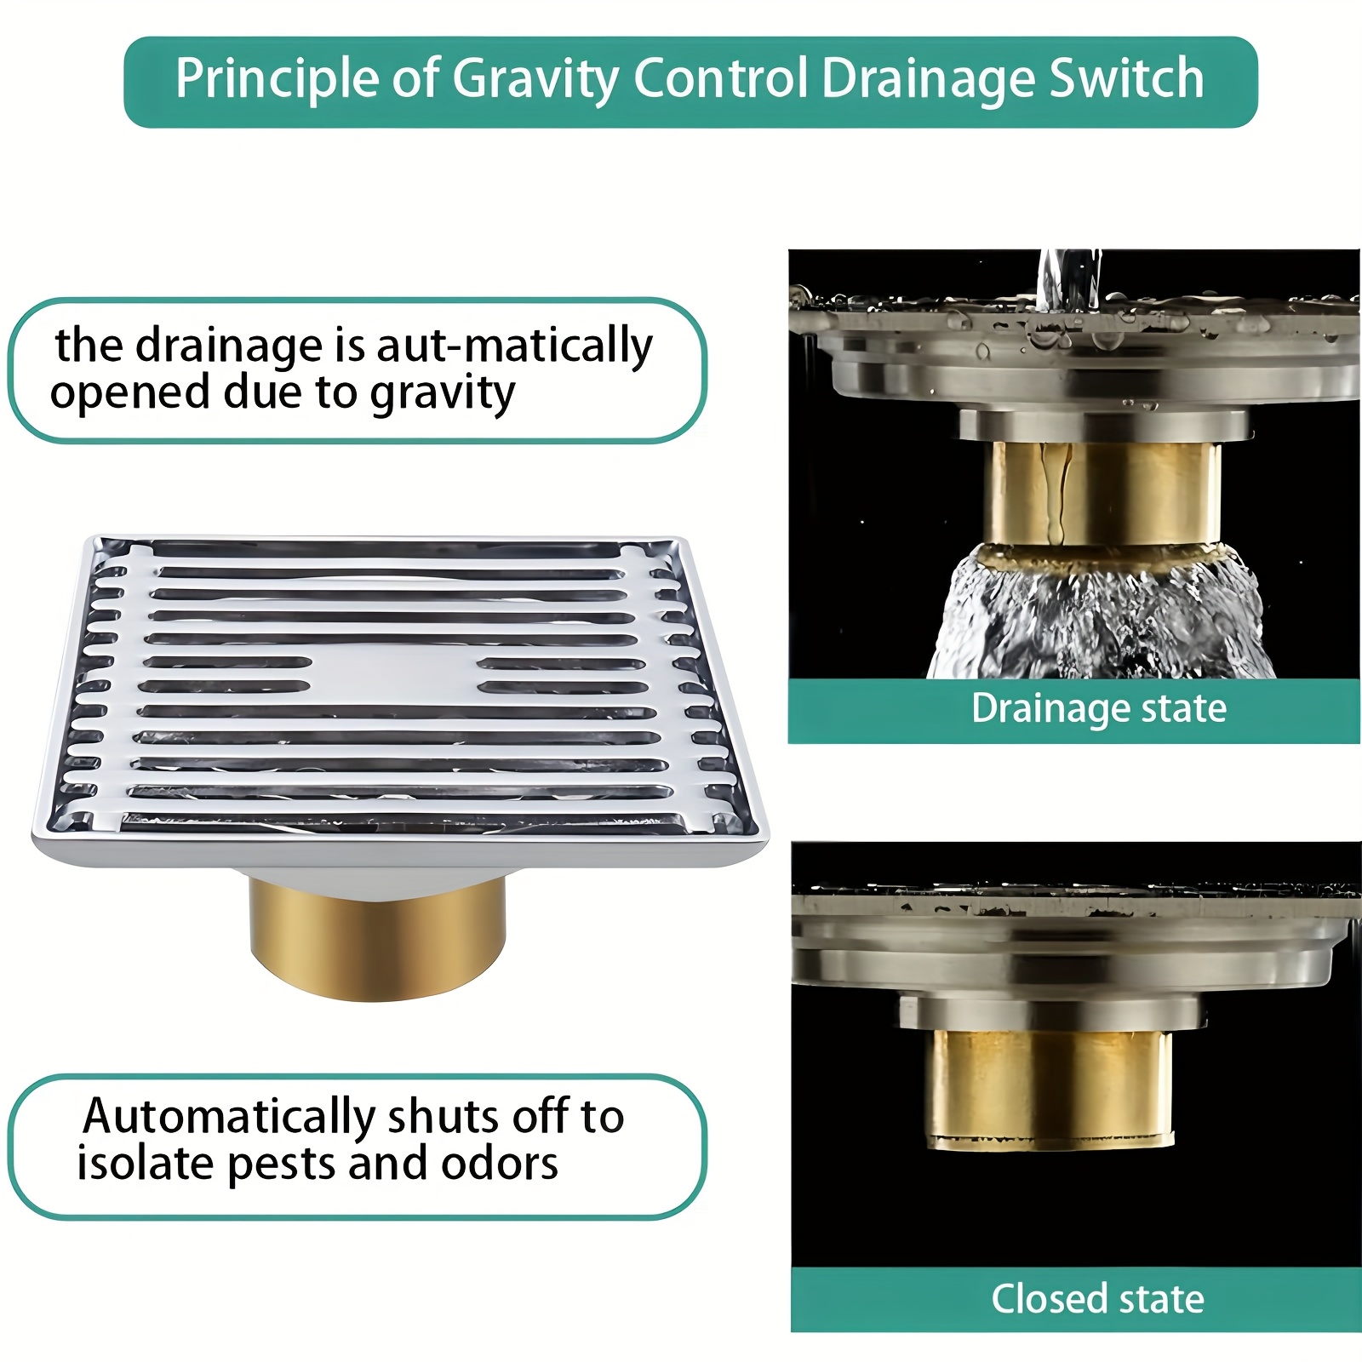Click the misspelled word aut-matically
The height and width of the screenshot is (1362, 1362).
[x=514, y=346]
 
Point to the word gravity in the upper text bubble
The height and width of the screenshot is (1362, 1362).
[x=443, y=395]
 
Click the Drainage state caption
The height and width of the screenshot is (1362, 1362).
[x=1099, y=708]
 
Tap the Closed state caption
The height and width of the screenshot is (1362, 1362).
[x=1097, y=1299]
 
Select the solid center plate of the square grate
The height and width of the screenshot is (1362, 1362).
[x=392, y=672]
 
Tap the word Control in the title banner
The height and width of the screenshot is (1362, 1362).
[x=720, y=78]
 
